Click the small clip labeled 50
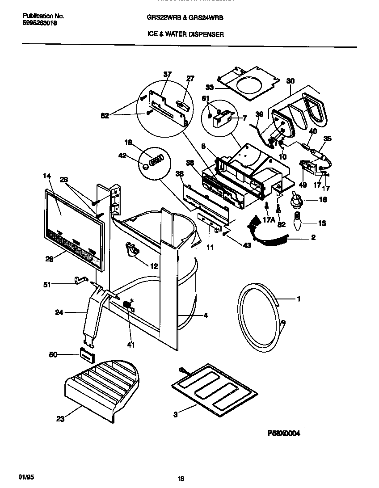(88, 356)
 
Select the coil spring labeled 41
(127, 307)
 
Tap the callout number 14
(47, 176)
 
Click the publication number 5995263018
(39, 23)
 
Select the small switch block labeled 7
(222, 119)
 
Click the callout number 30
(291, 81)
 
